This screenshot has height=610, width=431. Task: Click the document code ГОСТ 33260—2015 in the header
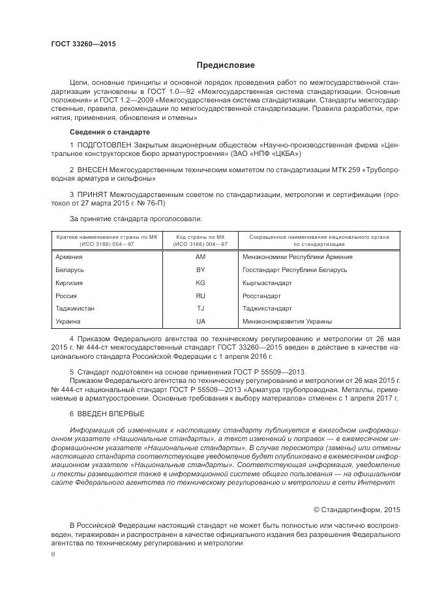83,44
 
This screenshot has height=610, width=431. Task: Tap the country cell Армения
70,257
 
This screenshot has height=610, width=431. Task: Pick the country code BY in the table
200,269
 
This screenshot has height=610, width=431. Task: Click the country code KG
200,282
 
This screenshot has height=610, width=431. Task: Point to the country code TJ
200,308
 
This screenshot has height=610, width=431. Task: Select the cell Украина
68,321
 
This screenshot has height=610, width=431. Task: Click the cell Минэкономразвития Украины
287,321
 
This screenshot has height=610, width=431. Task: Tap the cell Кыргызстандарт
267,282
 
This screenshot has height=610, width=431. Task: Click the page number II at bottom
53,553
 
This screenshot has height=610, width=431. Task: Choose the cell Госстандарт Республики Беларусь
293,269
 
